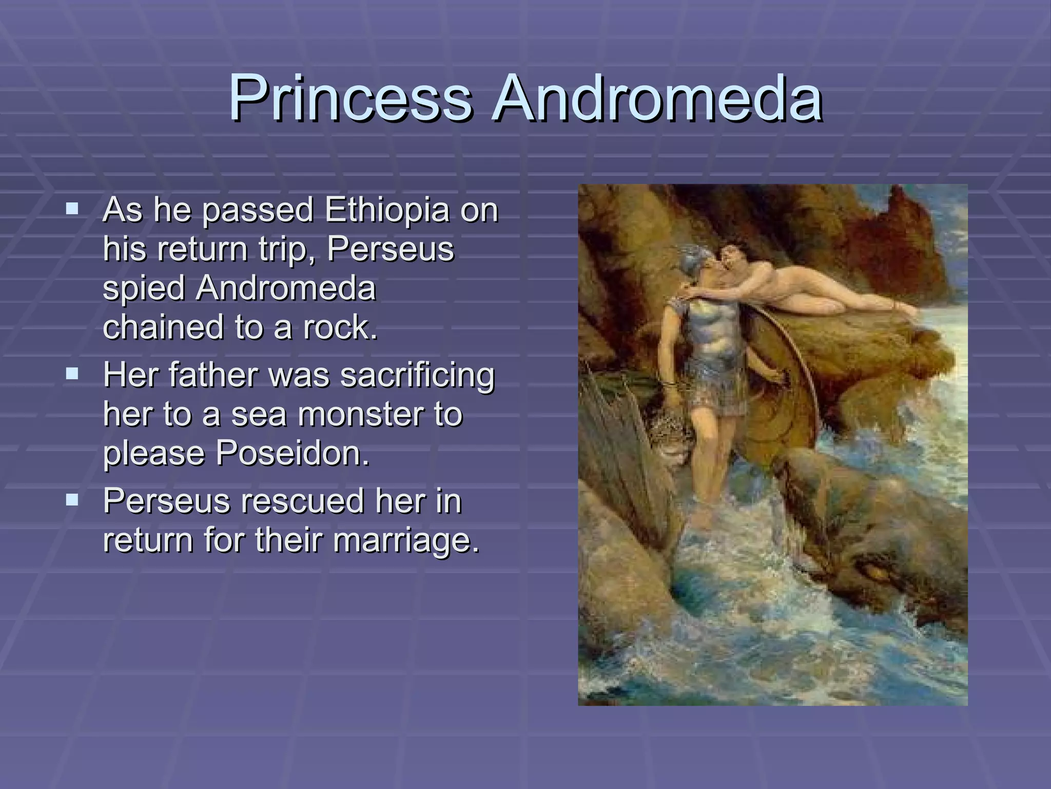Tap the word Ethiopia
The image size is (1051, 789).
click(x=387, y=211)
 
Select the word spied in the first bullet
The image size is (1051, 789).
click(x=143, y=288)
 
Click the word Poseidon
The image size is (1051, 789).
click(x=292, y=453)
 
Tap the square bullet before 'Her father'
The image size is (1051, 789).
click(x=72, y=373)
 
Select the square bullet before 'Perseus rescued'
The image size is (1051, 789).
click(x=72, y=499)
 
